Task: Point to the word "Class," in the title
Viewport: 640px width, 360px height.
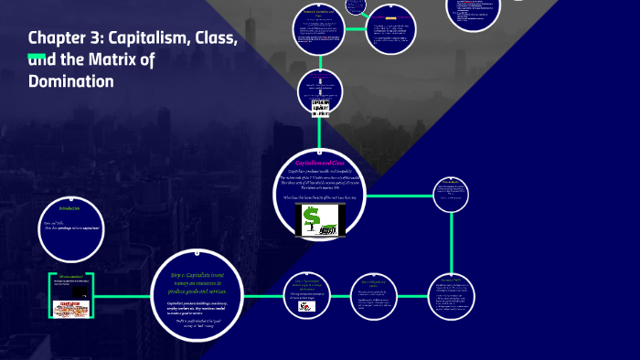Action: point(212,38)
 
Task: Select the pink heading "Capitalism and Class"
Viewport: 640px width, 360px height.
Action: point(319,162)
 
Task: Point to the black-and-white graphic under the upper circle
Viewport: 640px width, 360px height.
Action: point(320,107)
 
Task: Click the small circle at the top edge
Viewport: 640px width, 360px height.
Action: point(355,5)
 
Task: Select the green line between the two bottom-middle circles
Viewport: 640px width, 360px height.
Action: point(339,296)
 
